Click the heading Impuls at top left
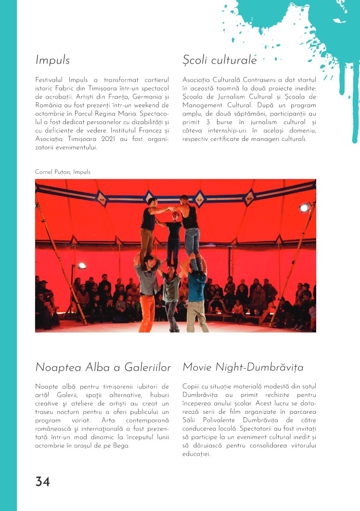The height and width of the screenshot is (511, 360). point(52,60)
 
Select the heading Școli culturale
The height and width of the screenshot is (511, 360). point(219,60)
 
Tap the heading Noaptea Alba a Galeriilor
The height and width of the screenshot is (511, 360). point(103,368)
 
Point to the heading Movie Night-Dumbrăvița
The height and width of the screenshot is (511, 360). point(243,368)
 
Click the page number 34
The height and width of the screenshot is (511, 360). point(42,482)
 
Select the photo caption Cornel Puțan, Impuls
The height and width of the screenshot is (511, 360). point(63,172)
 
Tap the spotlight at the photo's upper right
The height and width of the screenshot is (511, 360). point(304,207)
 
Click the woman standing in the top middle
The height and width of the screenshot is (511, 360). point(173,241)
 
